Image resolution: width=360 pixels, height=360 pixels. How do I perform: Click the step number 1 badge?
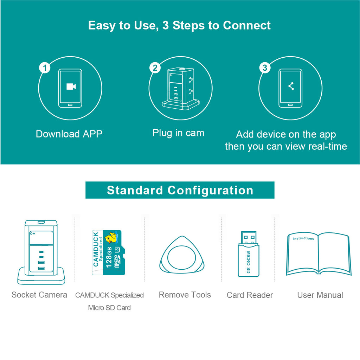point(45,67)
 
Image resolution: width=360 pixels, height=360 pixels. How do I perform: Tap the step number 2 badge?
point(155,67)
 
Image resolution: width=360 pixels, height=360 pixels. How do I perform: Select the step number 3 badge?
point(265,67)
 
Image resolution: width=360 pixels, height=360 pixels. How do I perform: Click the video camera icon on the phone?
point(71,86)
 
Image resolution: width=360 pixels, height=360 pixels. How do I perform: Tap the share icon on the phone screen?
point(291,86)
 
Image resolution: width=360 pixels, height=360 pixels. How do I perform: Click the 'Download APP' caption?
point(69,134)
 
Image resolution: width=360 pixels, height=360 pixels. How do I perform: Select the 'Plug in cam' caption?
point(178,133)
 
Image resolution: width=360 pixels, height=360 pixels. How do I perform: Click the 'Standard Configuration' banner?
point(180,190)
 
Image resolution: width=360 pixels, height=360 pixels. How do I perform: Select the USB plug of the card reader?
point(249,238)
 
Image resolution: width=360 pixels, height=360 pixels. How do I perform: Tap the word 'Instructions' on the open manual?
point(303,238)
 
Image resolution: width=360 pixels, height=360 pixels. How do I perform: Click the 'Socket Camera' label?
point(39,295)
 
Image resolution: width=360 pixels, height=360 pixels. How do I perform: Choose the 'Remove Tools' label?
point(185,295)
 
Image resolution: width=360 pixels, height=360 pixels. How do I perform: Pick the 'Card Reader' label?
point(250,295)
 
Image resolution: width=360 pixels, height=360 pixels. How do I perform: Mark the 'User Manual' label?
point(320,295)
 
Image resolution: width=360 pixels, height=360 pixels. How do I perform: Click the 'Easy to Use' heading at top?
point(179,26)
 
